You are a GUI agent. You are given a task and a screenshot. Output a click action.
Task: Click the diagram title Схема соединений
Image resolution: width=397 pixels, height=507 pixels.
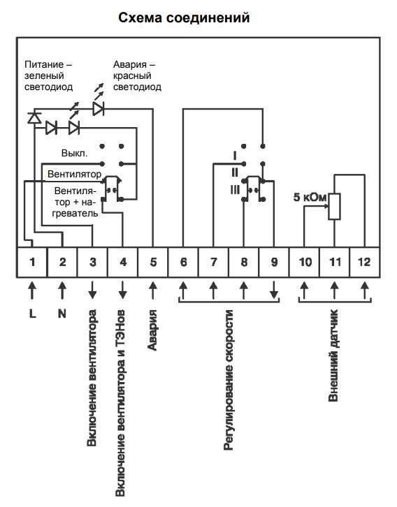tap(184, 17)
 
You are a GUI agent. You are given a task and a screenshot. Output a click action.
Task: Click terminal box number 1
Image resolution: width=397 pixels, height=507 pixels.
tap(32, 263)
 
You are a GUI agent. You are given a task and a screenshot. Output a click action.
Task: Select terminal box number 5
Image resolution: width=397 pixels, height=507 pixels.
tap(153, 263)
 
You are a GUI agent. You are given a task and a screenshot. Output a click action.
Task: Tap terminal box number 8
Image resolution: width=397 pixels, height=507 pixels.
tap(244, 263)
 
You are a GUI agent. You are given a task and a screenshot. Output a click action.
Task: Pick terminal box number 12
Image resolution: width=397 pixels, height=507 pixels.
tap(365, 263)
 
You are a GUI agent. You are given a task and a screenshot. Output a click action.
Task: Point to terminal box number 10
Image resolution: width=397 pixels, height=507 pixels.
tap(305, 263)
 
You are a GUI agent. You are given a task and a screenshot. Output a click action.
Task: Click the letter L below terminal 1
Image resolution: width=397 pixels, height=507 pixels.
tap(32, 314)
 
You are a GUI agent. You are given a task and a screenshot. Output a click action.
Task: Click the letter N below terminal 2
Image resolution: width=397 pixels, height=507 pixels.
tap(62, 314)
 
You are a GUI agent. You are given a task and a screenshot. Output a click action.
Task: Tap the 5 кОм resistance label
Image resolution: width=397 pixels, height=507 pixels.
tap(310, 197)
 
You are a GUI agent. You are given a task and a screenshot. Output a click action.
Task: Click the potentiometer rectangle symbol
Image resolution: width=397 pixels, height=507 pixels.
tap(334, 207)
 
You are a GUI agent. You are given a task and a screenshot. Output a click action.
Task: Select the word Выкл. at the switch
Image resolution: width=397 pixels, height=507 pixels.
tap(74, 153)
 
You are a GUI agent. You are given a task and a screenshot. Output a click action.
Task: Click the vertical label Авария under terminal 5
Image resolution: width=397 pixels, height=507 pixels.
tap(152, 330)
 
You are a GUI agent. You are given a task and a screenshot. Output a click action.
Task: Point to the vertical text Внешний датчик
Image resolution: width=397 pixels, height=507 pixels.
tap(333, 355)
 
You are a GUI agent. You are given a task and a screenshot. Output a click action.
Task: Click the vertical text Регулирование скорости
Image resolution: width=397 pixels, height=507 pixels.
tap(229, 380)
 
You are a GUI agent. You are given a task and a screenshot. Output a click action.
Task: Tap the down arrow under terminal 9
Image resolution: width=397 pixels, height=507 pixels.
tap(274, 290)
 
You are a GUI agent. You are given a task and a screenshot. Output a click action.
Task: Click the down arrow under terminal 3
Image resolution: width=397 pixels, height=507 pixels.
tap(92, 290)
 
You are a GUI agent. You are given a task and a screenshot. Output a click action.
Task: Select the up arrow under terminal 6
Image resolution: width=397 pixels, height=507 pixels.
tap(183, 290)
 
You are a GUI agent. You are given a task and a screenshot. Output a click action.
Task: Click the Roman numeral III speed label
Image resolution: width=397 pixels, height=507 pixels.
tap(236, 190)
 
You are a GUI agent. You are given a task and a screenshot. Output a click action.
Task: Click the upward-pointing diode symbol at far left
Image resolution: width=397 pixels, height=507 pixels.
tap(34, 117)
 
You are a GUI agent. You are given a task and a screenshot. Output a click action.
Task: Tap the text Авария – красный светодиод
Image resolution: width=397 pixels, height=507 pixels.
tap(137, 75)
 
